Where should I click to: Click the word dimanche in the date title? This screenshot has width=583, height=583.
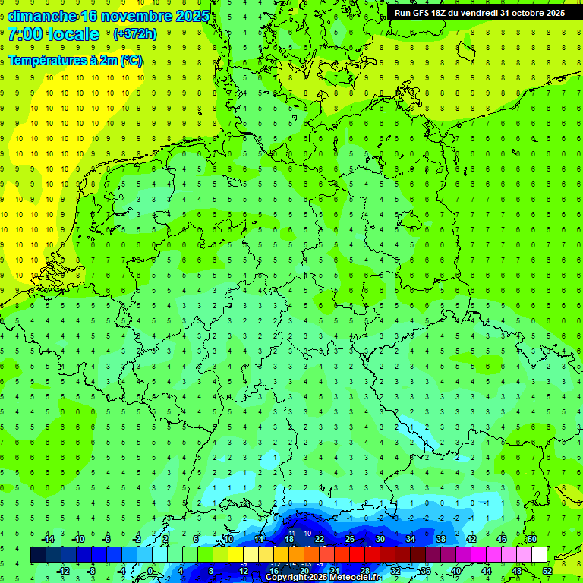pos(42,16)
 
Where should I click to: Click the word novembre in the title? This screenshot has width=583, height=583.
pos(139,16)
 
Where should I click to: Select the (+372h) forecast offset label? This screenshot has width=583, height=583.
pos(134,34)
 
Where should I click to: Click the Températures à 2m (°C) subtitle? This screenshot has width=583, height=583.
pos(75,61)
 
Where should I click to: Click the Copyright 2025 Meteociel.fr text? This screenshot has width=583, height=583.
pos(323,578)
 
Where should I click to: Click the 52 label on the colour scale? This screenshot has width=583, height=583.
pos(547,571)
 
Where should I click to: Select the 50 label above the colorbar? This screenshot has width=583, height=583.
pos(531,539)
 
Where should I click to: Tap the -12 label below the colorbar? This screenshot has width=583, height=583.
pos(64,571)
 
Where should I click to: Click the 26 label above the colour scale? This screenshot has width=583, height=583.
pos(349,539)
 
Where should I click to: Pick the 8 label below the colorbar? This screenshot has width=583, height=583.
pos(210,571)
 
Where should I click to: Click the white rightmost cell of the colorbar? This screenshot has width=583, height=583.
pos(539,555)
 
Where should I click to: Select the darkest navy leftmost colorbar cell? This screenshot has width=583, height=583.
pos(38,555)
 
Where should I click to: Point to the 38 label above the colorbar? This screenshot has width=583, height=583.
pos(440,539)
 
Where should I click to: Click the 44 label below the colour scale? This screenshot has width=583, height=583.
pos(486,571)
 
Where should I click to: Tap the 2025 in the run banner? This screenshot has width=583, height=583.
pos(555,12)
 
